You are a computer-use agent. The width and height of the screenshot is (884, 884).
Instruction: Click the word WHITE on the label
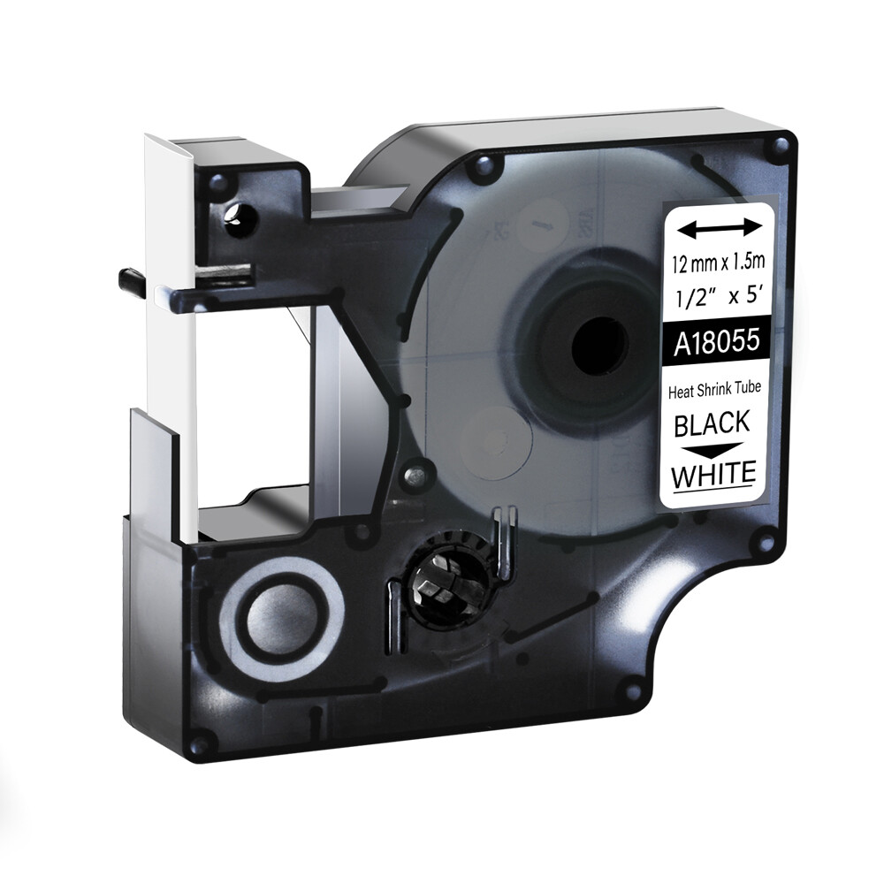coord(713,474)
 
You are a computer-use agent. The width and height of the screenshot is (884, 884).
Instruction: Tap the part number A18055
coord(717,341)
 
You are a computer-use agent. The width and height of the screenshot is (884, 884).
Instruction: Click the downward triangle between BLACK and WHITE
coord(713,449)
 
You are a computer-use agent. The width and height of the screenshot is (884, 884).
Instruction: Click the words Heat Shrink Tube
coord(714,390)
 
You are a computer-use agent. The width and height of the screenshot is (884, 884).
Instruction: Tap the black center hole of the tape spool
coord(599,345)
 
